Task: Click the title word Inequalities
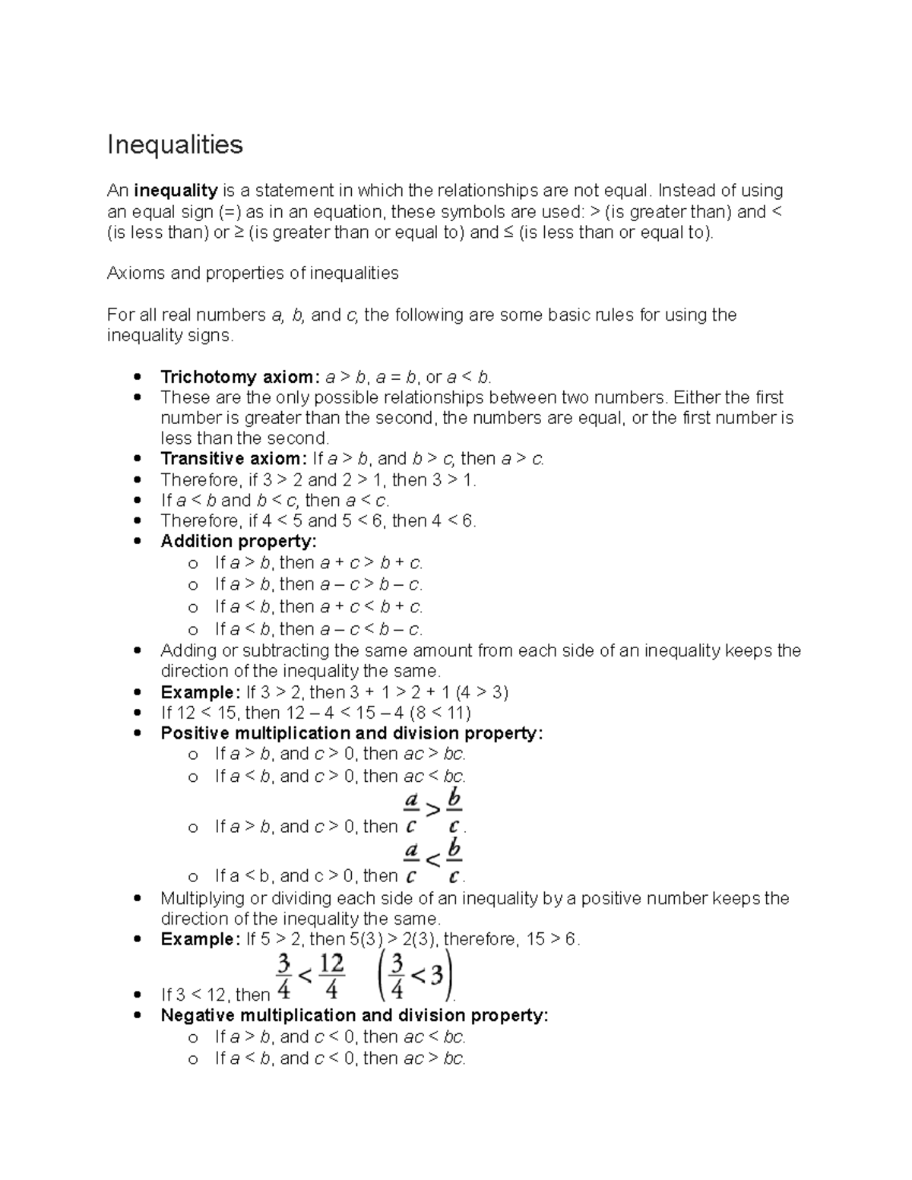[175, 144]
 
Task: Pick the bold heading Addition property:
[239, 541]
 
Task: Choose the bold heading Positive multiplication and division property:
[352, 733]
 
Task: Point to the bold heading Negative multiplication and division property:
[354, 1016]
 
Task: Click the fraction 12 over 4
[331, 976]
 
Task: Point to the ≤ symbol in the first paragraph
[508, 233]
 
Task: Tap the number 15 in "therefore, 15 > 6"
[535, 939]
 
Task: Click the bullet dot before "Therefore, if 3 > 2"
[137, 480]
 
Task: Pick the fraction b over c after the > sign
[454, 811]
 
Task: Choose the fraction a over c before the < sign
[411, 860]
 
